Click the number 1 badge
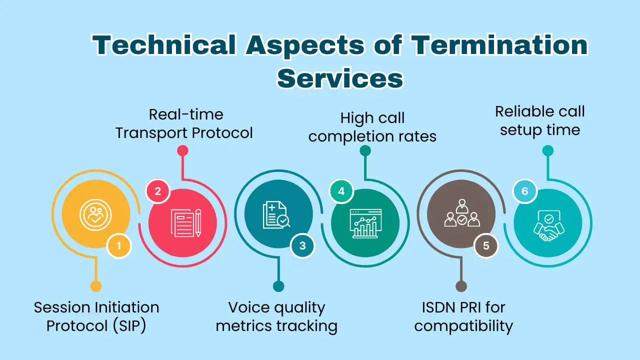tap(119, 245)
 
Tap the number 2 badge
tap(158, 191)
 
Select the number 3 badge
tap(302, 245)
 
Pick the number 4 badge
tap(341, 191)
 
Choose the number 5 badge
tap(486, 245)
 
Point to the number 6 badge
tap(524, 191)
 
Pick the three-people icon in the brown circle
tap(461, 214)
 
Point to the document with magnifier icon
tap(276, 214)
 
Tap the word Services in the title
tap(340, 78)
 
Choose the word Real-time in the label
tap(186, 114)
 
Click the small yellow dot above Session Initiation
tap(95, 286)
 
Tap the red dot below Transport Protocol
tap(182, 150)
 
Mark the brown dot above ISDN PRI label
tap(461, 286)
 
